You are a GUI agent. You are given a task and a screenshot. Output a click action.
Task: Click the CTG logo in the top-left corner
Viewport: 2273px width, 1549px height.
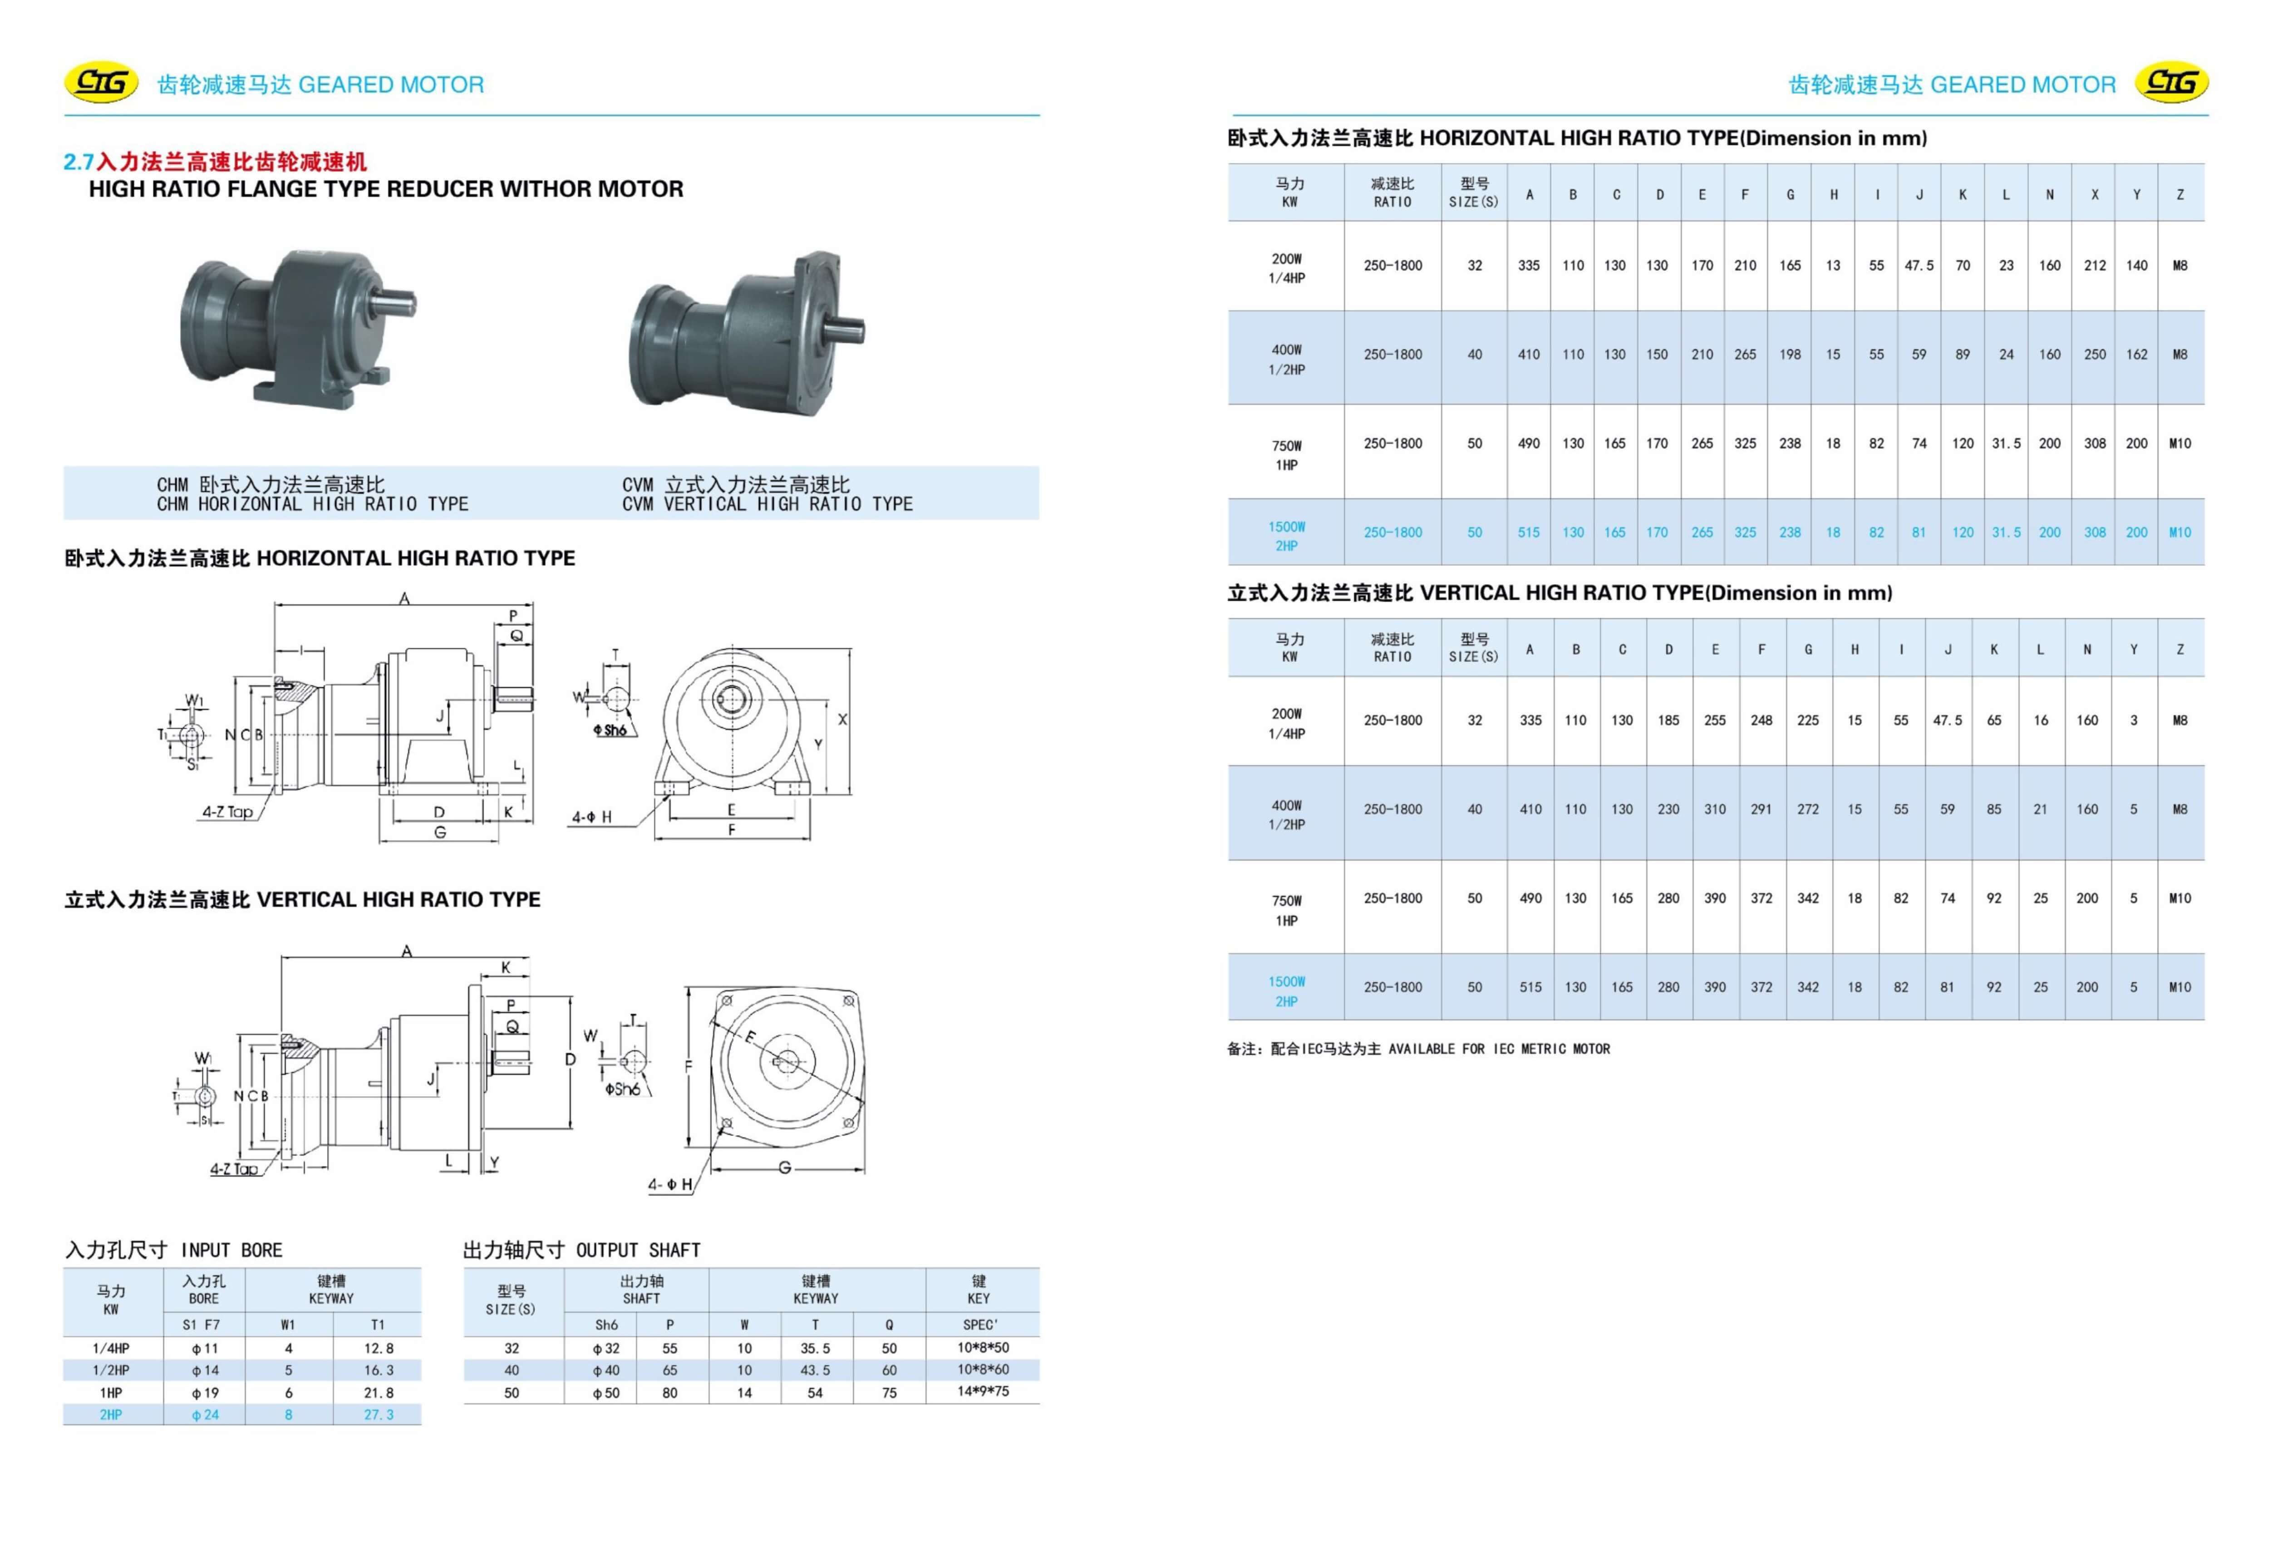coord(101,83)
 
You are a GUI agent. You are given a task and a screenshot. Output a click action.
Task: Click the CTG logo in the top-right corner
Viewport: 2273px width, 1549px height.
coord(2171,83)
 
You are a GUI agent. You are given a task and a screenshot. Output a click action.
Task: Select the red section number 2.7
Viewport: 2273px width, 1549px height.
coord(78,163)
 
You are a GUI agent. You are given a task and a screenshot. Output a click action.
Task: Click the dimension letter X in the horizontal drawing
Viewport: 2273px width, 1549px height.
coord(842,719)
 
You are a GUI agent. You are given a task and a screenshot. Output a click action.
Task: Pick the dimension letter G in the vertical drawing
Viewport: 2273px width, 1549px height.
coord(784,1167)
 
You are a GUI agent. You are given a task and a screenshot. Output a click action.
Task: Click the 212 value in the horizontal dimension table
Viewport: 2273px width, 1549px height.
coord(2094,265)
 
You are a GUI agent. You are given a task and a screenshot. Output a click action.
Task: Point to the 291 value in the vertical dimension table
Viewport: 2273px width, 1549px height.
coord(1761,809)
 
